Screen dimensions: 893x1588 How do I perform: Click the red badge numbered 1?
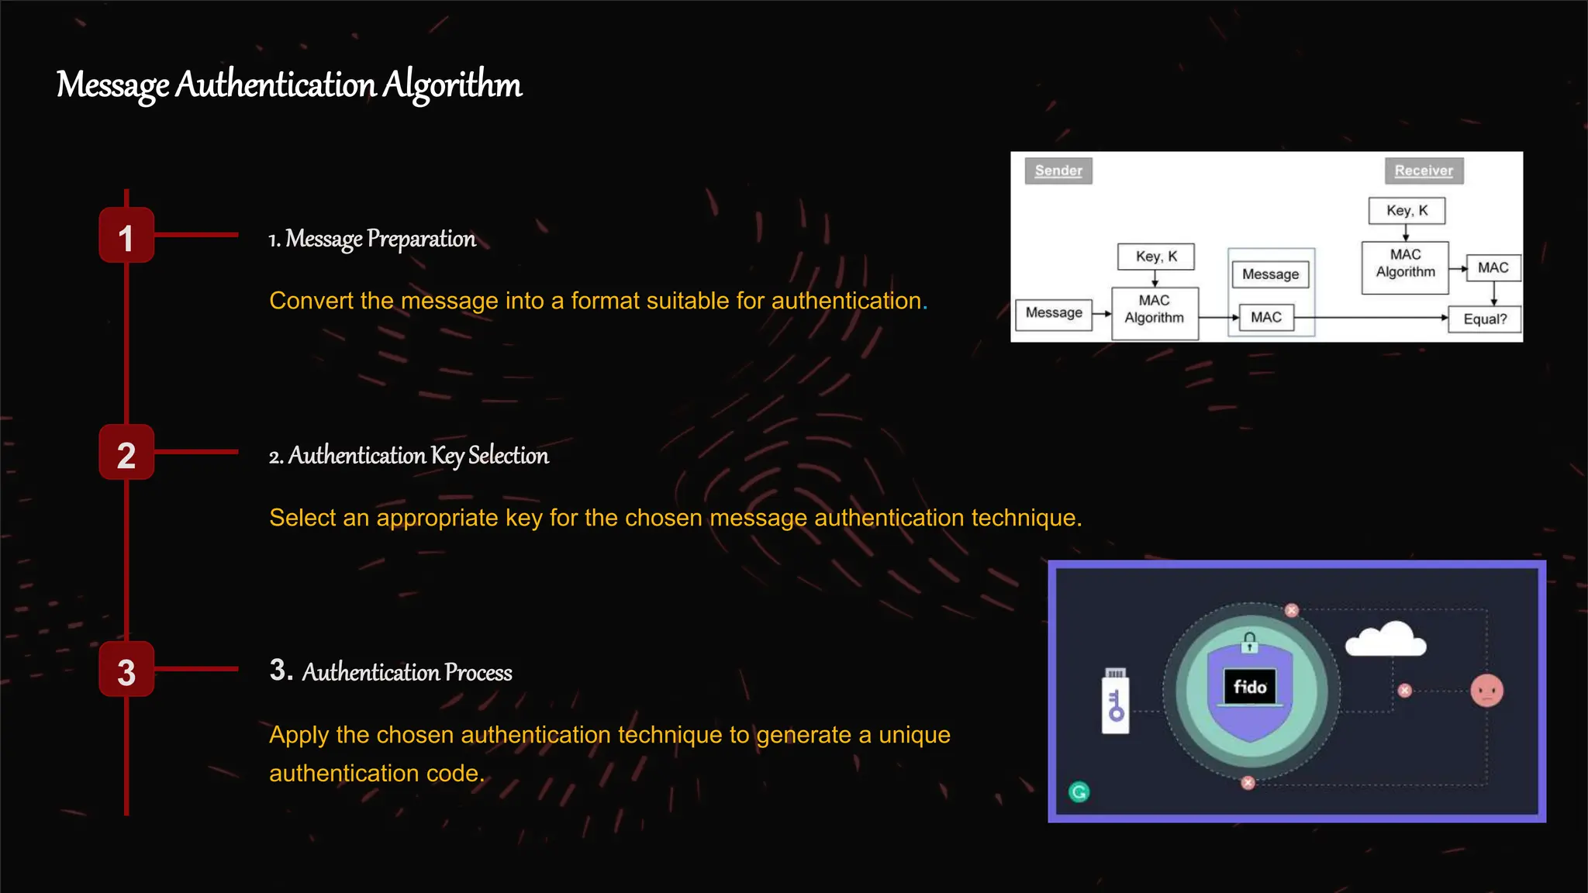pos(126,236)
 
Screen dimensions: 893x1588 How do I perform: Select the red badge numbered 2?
pos(126,453)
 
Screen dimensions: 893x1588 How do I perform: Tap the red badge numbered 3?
pos(126,670)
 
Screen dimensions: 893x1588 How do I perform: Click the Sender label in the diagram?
pos(1058,171)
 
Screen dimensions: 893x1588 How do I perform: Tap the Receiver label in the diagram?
pos(1424,171)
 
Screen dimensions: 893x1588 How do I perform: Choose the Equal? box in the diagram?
pos(1484,319)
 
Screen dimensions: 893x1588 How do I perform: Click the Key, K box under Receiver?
pos(1407,211)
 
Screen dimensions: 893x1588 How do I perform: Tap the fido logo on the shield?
pos(1250,687)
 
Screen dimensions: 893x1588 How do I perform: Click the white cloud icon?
pos(1386,640)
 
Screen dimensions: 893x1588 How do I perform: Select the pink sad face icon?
pos(1486,691)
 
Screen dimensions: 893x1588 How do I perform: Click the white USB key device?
pos(1116,702)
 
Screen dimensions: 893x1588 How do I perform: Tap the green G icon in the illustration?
pos(1079,791)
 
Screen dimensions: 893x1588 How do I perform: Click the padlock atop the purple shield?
pos(1249,643)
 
